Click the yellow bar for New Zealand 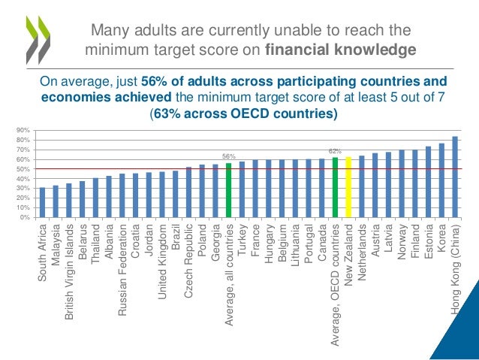(348, 187)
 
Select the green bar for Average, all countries (228, 190)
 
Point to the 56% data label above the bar (228, 156)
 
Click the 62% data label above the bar (335, 151)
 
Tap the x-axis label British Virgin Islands (69, 261)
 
